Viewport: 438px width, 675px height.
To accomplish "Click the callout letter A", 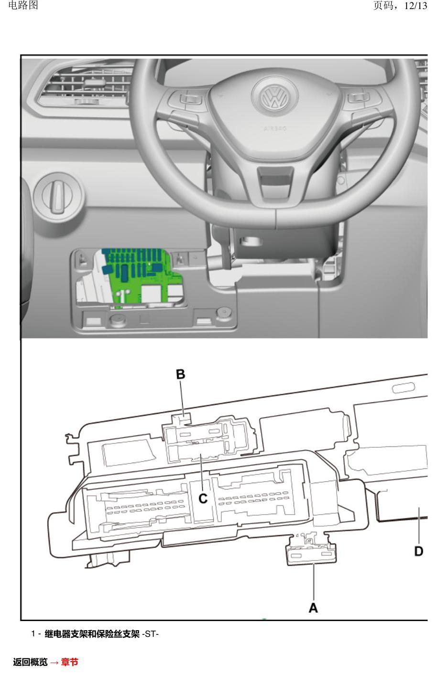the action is tap(313, 608).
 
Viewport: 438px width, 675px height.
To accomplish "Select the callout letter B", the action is tap(180, 374).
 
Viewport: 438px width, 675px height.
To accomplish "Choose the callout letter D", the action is tap(418, 551).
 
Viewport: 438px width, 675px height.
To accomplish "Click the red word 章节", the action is tap(69, 662).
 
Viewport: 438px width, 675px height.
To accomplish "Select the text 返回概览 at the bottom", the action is tap(30, 662).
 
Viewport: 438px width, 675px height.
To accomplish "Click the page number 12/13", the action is tap(416, 6).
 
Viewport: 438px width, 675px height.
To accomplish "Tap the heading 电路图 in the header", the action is tap(23, 5).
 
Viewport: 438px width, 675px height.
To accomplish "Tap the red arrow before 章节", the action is tap(55, 662).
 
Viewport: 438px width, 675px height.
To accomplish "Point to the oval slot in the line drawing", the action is tap(403, 388).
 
